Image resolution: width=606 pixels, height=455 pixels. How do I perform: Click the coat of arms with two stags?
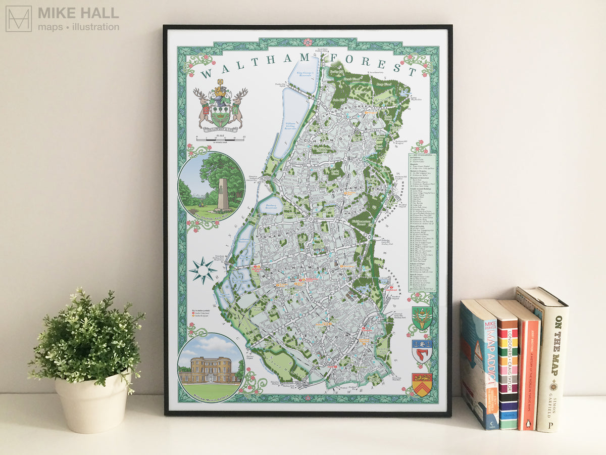(220, 106)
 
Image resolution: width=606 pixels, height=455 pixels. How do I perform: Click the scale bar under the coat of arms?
(220, 139)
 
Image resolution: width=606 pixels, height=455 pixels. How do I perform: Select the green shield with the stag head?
(422, 317)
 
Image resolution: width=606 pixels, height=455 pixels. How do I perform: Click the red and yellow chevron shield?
(422, 384)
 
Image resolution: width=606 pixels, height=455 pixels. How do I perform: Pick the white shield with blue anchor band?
(422, 350)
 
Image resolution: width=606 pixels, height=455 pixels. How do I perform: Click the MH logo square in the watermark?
(18, 19)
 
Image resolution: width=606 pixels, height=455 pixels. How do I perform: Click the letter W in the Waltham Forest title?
(206, 75)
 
